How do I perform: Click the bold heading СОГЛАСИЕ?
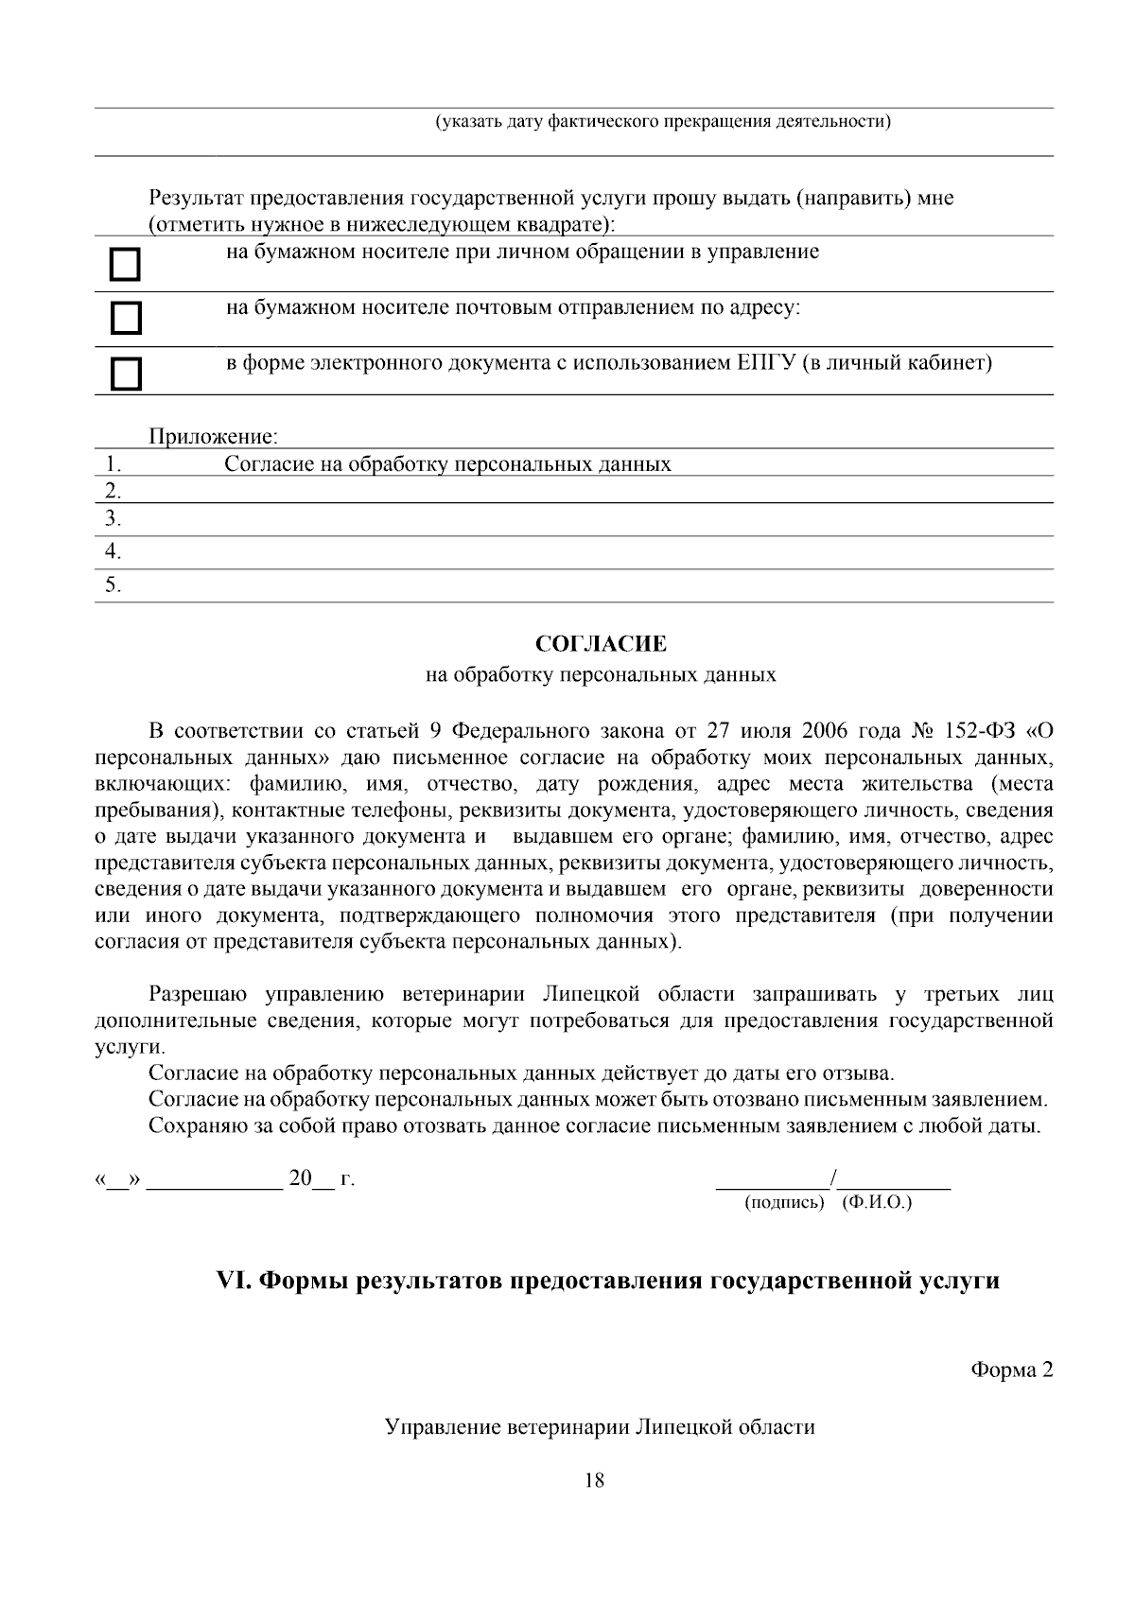tap(601, 645)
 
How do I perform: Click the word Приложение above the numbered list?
tap(213, 437)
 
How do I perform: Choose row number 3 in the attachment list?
tap(113, 518)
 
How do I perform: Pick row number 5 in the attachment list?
tap(113, 585)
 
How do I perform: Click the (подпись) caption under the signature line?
tap(785, 1203)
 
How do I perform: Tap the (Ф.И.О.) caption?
tap(877, 1203)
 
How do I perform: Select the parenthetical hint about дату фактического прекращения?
tap(663, 122)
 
